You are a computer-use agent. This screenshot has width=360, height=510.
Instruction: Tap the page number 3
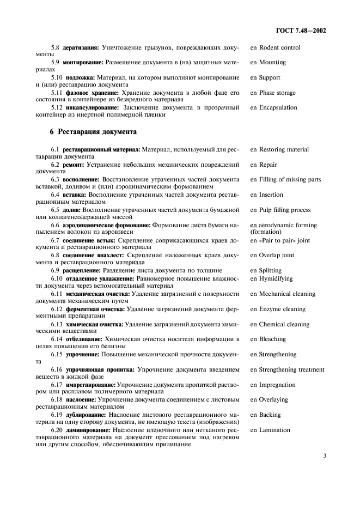click(324, 450)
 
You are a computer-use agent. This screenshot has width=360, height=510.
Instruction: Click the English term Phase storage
click(276, 93)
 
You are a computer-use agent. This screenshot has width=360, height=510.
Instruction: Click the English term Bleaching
click(271, 339)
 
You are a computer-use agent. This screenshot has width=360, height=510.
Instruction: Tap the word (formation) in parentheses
click(265, 232)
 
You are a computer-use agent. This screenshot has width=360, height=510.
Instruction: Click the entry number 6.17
click(58, 385)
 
